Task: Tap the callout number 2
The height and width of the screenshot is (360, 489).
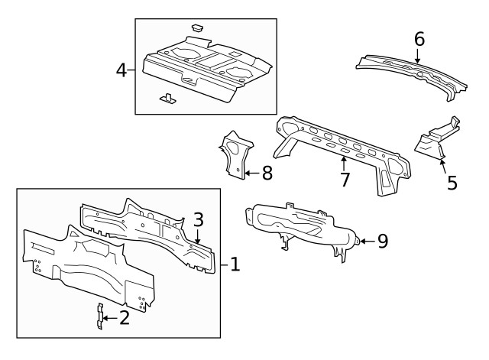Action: tap(124, 317)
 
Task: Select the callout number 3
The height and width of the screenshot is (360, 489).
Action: tap(198, 219)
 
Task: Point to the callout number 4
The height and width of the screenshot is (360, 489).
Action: tap(121, 70)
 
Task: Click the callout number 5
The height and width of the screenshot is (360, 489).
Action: tap(452, 183)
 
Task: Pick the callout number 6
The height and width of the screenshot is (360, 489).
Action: tap(418, 38)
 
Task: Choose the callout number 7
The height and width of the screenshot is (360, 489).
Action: tap(345, 180)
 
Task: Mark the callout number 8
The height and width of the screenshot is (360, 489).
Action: tap(266, 173)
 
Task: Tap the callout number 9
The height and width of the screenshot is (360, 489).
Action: tap(382, 241)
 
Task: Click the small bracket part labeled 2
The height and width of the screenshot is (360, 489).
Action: tap(99, 316)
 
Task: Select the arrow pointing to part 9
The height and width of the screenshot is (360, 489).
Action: tap(366, 241)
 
